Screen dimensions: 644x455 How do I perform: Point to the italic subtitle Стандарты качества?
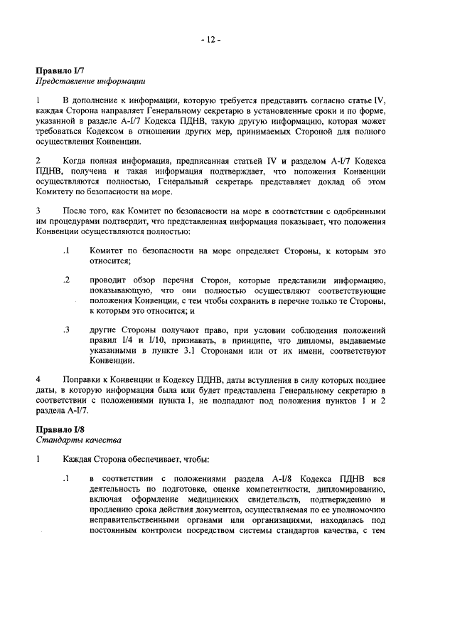tap(69, 441)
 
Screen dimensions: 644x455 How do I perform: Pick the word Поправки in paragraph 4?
tap(83, 379)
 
